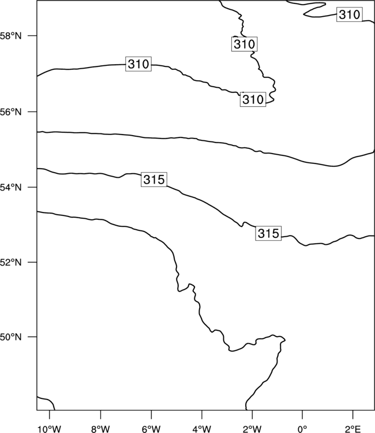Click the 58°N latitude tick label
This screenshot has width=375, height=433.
point(10,36)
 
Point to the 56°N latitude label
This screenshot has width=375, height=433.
point(10,112)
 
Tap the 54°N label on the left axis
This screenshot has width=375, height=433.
point(10,188)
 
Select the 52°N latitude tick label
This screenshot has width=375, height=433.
point(10,262)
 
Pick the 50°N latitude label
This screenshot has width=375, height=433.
point(10,337)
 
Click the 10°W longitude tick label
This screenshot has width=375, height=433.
point(49,429)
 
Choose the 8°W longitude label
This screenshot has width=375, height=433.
point(100,429)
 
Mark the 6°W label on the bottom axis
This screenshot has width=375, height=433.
point(151,429)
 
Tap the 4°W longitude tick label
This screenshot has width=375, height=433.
point(202,429)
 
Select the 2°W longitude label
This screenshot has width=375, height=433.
point(252,429)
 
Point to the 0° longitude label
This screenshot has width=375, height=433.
point(302,429)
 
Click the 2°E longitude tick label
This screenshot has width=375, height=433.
point(353,429)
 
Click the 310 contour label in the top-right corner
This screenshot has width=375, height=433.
point(350,14)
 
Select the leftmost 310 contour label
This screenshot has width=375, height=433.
point(138,64)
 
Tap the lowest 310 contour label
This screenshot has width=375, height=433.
point(253,99)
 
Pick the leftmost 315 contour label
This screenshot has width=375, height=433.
point(154,180)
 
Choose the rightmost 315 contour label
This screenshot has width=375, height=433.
point(268,233)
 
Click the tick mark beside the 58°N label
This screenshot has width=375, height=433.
point(32,36)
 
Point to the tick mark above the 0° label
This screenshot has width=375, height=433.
point(302,414)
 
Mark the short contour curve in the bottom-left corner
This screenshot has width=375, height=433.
point(48,400)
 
